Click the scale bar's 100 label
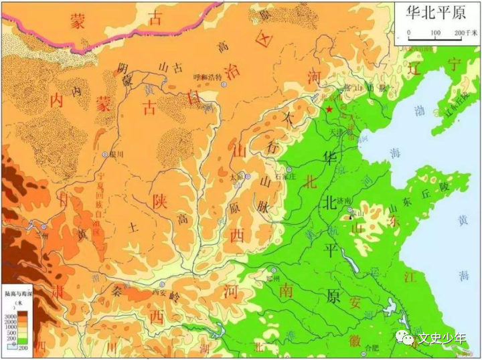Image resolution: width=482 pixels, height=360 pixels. pos(435,32)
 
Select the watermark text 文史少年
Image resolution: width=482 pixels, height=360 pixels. pos(441,338)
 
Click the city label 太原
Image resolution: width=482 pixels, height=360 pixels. pos(236,178)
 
